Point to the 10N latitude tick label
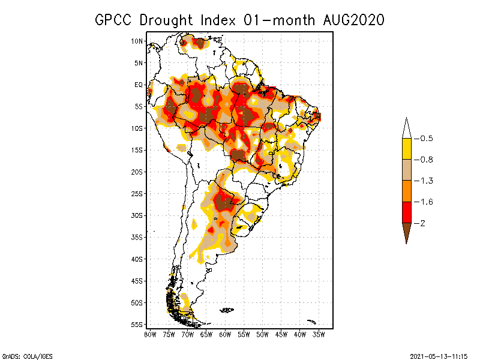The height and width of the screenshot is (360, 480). [x=137, y=41]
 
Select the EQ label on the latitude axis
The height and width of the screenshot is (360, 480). [x=139, y=85]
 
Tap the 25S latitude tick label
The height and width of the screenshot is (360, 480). [x=137, y=194]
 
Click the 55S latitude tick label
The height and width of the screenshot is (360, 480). [x=137, y=325]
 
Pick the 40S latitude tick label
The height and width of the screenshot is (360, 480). [x=137, y=259]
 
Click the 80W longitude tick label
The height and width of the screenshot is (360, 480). [x=150, y=334]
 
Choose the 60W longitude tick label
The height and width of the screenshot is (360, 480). [x=225, y=334]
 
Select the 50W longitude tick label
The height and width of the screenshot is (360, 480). [x=262, y=334]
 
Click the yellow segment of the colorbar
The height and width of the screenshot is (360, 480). [x=406, y=149]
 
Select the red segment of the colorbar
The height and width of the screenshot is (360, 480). [x=406, y=212]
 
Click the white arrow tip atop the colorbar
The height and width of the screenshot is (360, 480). [x=406, y=128]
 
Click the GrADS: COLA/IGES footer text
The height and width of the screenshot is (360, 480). [x=22, y=355]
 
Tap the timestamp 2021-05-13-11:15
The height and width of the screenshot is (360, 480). [x=439, y=355]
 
